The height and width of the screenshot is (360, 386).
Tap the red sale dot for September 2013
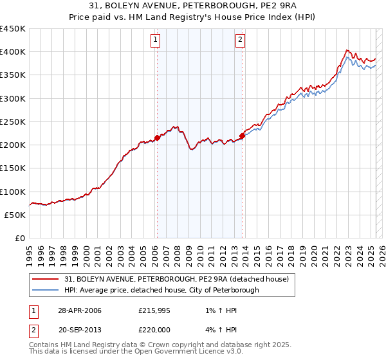[x=242, y=136]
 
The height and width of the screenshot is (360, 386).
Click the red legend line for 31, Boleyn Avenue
[x=46, y=280]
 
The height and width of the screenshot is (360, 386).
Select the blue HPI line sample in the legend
[x=46, y=291]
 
